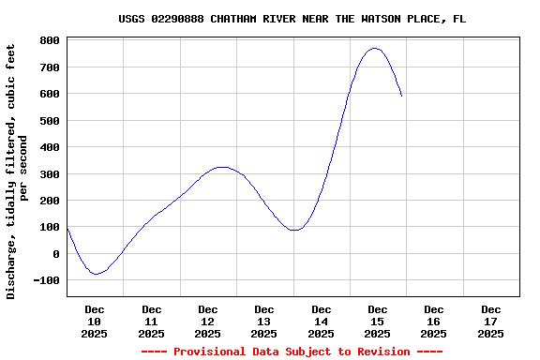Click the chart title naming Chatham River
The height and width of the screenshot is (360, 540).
292,19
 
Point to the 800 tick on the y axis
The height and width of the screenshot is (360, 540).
50,41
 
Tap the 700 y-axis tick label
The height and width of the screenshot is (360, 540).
50,67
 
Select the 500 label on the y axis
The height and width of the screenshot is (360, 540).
50,121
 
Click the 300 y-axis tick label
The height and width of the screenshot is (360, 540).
50,174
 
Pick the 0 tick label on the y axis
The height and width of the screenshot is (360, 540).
56,254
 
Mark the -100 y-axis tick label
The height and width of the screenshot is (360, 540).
47,280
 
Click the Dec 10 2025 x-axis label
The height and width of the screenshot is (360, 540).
95,321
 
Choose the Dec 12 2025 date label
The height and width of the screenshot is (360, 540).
208,321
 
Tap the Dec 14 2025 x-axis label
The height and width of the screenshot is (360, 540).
321,321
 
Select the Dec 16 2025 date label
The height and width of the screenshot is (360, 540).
434,321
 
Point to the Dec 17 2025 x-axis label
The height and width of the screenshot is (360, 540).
490,321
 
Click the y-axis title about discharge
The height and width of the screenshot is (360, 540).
18,171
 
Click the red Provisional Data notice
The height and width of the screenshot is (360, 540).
292,352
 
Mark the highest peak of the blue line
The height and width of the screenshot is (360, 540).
375,48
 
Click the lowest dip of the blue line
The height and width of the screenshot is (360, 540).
96,274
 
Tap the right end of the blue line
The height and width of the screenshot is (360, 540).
402,96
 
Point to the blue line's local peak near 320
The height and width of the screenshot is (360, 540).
221,167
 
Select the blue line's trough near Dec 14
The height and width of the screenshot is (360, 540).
295,230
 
